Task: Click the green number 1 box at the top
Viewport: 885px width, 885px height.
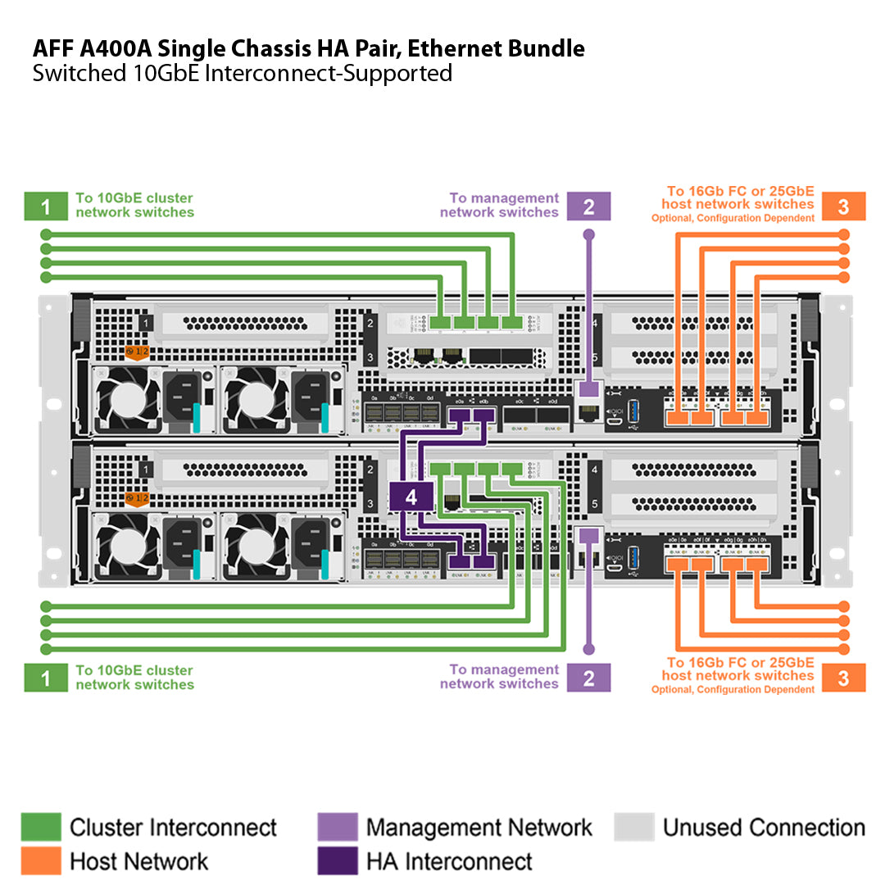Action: click(45, 206)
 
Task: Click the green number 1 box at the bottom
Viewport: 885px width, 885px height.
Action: click(45, 678)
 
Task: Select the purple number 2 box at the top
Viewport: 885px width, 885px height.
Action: click(588, 206)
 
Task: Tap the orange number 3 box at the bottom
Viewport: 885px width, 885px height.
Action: click(844, 678)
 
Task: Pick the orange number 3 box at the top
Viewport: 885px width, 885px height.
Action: click(844, 206)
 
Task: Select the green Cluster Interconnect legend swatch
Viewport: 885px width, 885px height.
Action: click(40, 827)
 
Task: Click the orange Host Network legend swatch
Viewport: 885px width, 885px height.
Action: click(40, 860)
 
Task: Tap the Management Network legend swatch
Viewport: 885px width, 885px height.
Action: click(337, 827)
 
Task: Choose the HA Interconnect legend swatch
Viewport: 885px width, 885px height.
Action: click(337, 860)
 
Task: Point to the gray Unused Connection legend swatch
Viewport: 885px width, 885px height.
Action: click(633, 827)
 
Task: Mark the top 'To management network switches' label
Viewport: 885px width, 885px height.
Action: click(499, 205)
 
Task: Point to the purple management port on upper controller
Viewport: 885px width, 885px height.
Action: click(587, 391)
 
